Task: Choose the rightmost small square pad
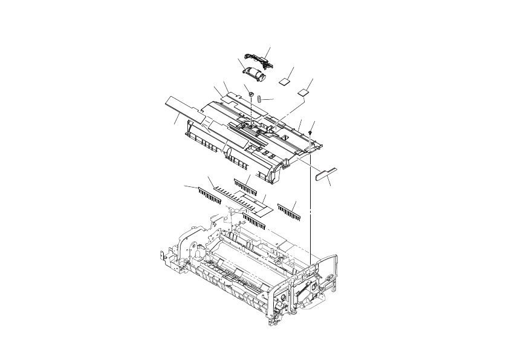[x=303, y=92]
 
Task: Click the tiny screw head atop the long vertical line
[x=310, y=131]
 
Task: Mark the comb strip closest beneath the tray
[x=245, y=185]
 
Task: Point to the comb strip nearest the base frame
[x=254, y=221]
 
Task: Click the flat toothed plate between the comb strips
[x=242, y=200]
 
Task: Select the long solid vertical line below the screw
[x=310, y=194]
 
